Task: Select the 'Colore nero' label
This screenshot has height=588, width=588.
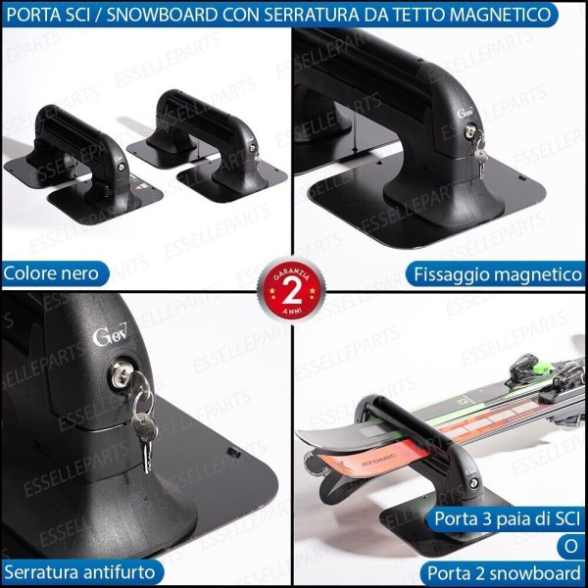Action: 55,272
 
